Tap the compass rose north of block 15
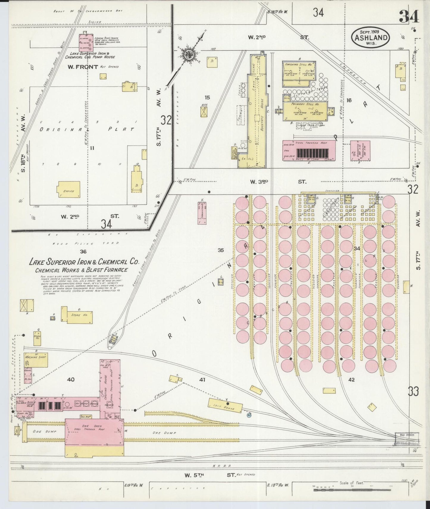pyautogui.click(x=190, y=54)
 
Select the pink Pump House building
pyautogui.click(x=86, y=43)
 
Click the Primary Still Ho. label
pyautogui.click(x=305, y=104)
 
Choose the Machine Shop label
pyautogui.click(x=36, y=357)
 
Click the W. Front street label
pyautogui.click(x=83, y=67)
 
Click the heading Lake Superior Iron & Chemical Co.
pyautogui.click(x=84, y=262)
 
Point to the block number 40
pyautogui.click(x=71, y=380)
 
